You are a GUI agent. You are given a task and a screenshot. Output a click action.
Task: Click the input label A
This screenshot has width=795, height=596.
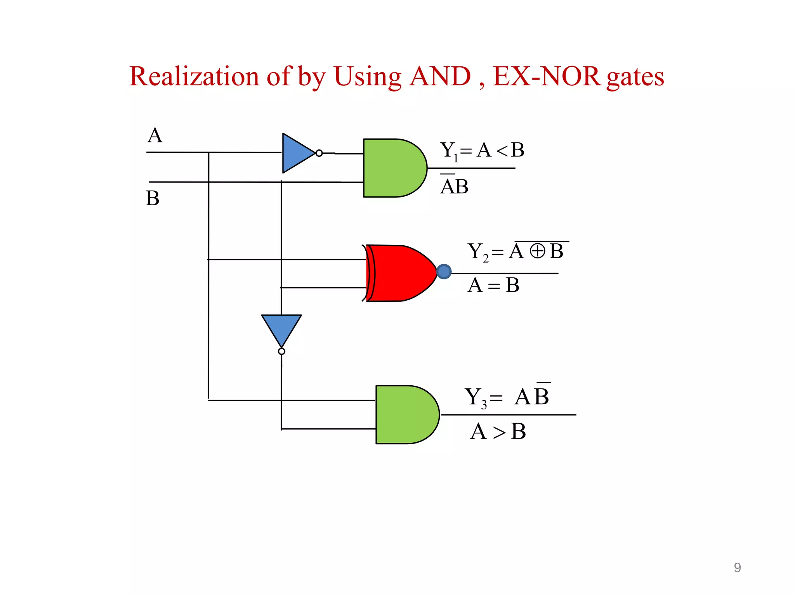(155, 135)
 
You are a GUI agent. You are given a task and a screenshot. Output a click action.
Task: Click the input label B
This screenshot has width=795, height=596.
(153, 198)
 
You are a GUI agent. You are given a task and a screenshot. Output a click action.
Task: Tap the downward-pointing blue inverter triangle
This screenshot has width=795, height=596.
(281, 328)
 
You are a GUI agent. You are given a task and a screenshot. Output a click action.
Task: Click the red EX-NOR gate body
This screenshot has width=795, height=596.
(400, 273)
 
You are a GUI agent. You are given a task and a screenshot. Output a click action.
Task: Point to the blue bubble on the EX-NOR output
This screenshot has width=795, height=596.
(444, 272)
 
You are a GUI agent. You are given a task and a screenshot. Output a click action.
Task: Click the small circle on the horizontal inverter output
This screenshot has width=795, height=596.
(319, 153)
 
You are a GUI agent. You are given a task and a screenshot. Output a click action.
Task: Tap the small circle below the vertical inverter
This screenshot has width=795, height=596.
(281, 352)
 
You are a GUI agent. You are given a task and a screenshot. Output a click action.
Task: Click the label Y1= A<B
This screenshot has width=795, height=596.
(482, 151)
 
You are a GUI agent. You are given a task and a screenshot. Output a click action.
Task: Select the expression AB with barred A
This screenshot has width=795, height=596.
(454, 186)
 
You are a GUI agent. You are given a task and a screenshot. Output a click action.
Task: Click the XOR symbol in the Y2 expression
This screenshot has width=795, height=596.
(537, 251)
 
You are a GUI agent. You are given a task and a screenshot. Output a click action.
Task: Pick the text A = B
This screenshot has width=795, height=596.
(493, 285)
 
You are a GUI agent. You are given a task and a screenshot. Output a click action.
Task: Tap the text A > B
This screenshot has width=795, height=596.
(498, 431)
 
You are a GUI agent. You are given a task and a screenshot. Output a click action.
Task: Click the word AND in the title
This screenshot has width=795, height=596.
(440, 76)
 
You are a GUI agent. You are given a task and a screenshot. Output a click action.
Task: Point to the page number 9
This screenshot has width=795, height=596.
(737, 568)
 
